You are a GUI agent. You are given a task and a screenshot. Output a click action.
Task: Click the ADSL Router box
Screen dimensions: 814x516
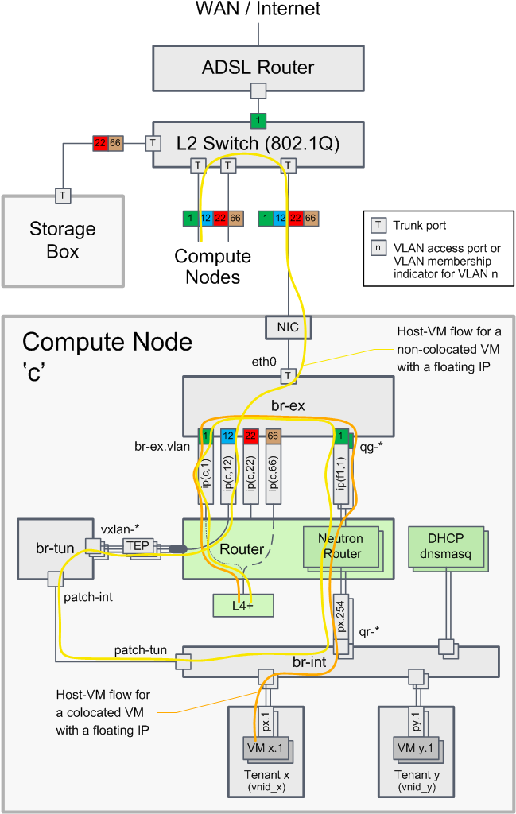click(258, 68)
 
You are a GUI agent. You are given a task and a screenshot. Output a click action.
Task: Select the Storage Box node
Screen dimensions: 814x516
click(63, 240)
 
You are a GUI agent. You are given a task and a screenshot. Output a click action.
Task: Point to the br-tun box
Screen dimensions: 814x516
click(50, 549)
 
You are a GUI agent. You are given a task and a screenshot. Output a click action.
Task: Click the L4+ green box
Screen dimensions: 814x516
click(242, 605)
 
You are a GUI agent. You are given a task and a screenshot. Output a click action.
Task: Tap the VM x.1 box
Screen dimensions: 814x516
click(265, 747)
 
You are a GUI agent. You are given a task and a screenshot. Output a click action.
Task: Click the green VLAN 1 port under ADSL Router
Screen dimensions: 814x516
click(258, 122)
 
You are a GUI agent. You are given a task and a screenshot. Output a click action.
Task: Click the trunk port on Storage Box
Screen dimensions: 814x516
click(63, 195)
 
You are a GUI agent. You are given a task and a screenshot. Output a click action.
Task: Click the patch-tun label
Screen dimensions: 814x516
click(140, 650)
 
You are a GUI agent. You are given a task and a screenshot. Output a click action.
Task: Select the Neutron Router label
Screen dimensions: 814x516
click(341, 544)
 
